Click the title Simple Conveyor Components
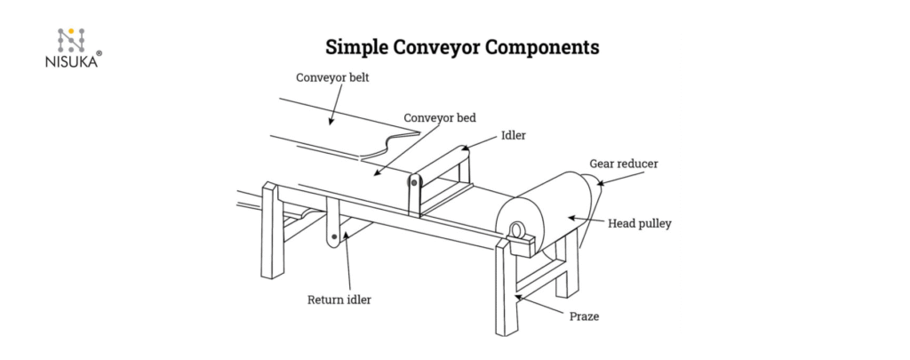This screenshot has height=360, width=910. pos(462,46)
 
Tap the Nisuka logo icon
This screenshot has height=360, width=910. pos(71,38)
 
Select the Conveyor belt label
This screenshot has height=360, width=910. pos(331,77)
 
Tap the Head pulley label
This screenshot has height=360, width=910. pos(639,224)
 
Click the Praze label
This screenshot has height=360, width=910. pos(583,316)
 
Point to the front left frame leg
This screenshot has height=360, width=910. pos(266,231)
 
